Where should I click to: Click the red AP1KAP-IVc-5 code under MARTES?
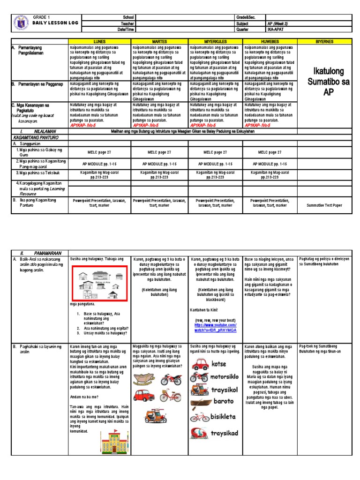click(x=148, y=126)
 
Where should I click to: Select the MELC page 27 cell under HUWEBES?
click(x=270, y=152)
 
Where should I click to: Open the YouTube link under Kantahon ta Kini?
click(x=216, y=328)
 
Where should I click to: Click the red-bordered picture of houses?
click(x=99, y=284)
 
